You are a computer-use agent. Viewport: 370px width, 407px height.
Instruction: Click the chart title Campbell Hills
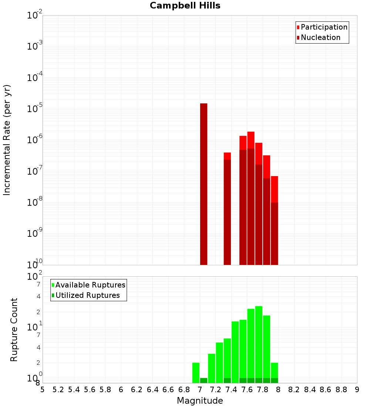click(x=185, y=6)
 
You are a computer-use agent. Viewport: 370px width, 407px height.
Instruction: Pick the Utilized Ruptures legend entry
click(x=87, y=296)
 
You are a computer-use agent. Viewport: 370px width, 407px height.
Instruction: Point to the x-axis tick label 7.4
click(x=231, y=390)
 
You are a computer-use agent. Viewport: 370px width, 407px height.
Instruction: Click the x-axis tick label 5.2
click(x=58, y=390)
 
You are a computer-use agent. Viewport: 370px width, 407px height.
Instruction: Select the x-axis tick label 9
click(x=357, y=390)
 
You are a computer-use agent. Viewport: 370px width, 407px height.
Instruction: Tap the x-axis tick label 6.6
click(x=168, y=390)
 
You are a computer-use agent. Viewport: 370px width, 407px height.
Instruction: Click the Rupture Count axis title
click(x=14, y=330)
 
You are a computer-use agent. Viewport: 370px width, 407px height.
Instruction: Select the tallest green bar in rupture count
click(x=259, y=342)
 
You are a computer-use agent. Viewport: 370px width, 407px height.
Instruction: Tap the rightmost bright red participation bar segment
click(x=274, y=189)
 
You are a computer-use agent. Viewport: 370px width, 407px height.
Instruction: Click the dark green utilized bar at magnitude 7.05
click(x=203, y=380)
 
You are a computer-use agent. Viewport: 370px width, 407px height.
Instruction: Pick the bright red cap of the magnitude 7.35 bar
click(x=227, y=156)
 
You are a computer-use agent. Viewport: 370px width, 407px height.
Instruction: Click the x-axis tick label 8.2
click(x=294, y=390)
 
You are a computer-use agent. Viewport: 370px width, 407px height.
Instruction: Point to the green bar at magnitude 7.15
click(x=212, y=368)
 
